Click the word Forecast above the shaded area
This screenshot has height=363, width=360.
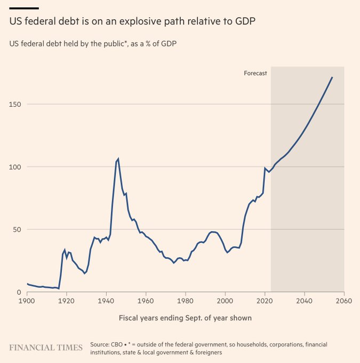click(x=255, y=73)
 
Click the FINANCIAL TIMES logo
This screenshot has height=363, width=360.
click(x=46, y=348)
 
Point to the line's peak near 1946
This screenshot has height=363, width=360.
click(x=118, y=159)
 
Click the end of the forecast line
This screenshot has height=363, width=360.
click(x=332, y=77)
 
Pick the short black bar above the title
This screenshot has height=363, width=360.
click(x=24, y=8)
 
